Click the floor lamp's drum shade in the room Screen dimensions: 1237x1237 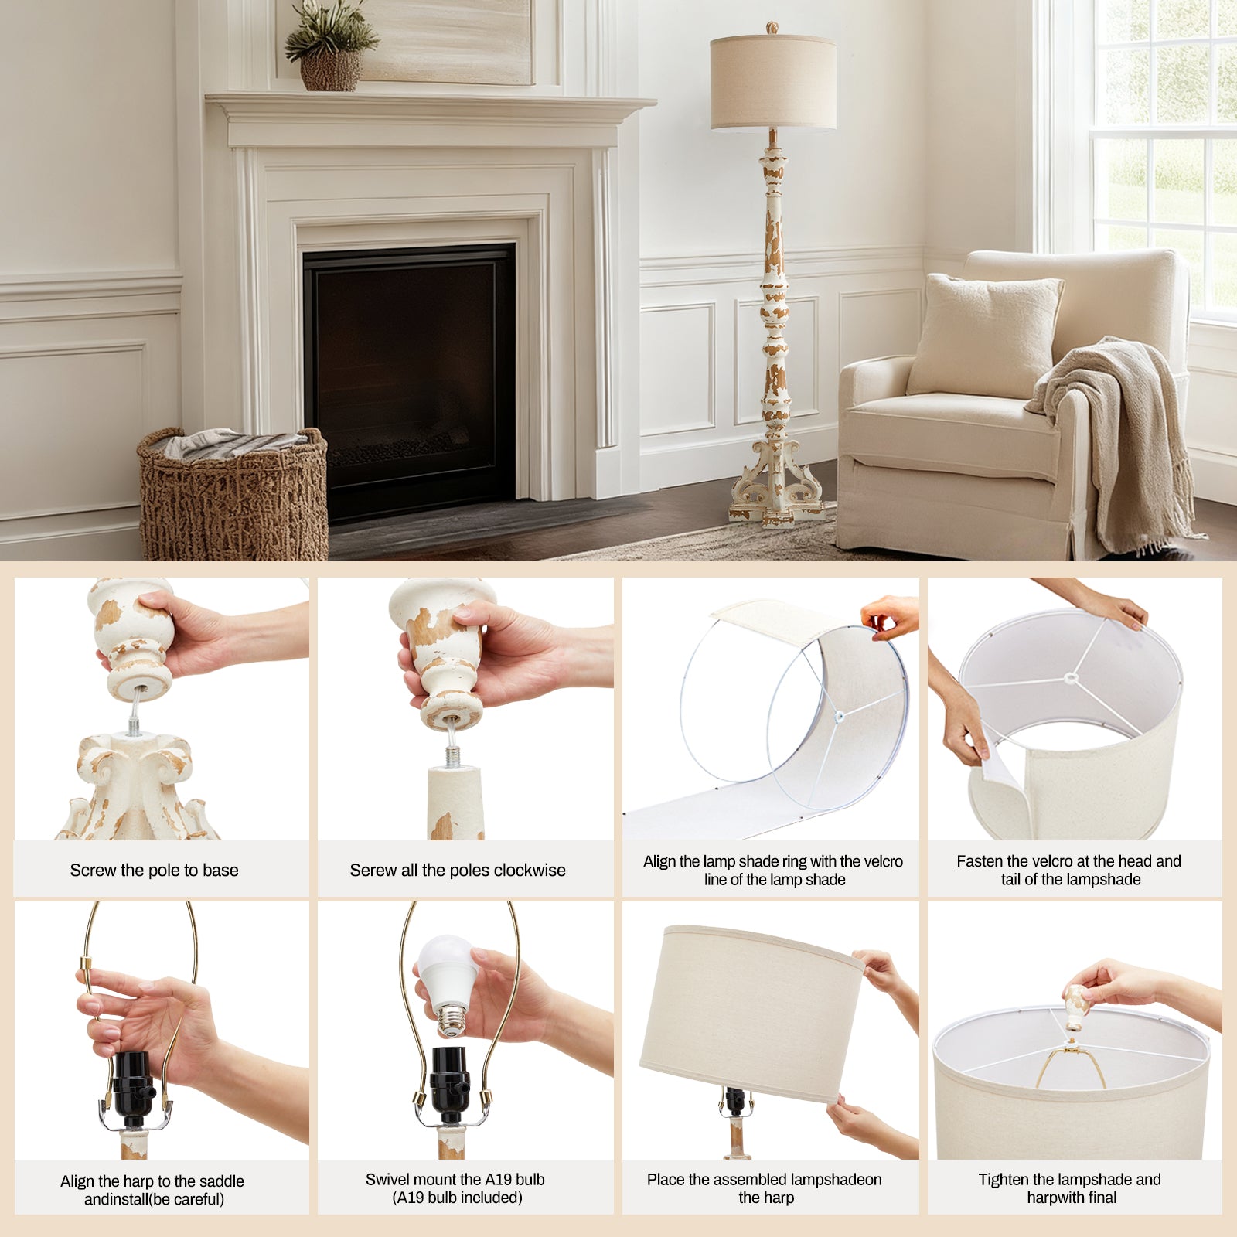click(x=773, y=83)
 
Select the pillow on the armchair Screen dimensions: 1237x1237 click(x=984, y=336)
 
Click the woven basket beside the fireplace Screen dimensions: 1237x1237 click(x=233, y=495)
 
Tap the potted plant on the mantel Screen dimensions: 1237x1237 click(x=330, y=46)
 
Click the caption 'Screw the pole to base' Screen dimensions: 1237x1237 click(x=155, y=871)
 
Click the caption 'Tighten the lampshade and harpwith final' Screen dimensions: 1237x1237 click(x=1070, y=1188)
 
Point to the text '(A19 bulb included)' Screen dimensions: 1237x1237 click(x=458, y=1198)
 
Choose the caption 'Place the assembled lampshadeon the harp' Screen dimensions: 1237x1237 click(x=765, y=1188)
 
